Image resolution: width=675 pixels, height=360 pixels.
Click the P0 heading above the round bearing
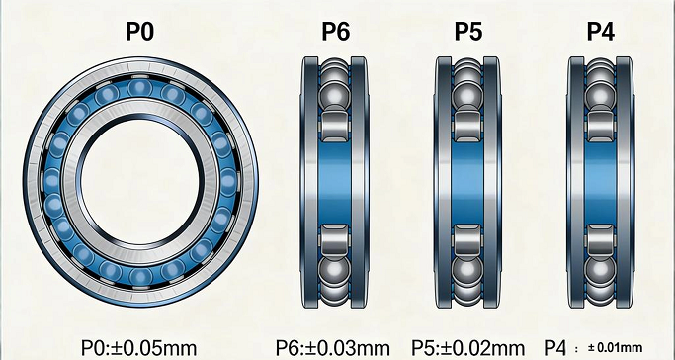tap(139, 32)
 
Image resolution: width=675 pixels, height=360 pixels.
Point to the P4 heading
tap(601, 32)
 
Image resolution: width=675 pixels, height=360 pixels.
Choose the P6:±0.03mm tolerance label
tap(334, 347)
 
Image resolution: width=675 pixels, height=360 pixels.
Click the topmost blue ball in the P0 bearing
tap(138, 91)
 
